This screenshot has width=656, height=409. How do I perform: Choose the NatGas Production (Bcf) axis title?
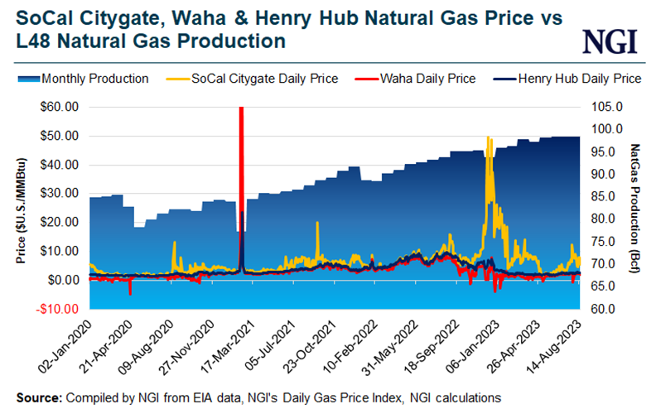click(636, 208)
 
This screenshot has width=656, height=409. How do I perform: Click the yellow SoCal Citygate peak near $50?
click(489, 139)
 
